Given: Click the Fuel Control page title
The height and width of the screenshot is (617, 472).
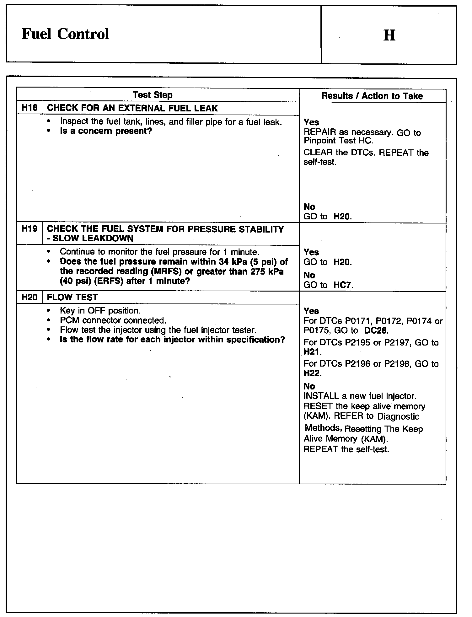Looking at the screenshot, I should tap(65, 34).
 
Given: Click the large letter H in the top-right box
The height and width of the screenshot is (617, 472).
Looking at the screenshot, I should tap(389, 35).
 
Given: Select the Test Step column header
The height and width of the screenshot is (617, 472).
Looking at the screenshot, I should tap(153, 95).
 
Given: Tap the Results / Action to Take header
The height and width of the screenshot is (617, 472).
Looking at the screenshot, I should tap(372, 96).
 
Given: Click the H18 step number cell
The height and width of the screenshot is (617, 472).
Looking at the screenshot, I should tap(29, 108).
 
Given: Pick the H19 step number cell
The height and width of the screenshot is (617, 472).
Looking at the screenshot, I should tap(29, 229).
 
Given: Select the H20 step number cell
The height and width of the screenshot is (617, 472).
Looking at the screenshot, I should tap(29, 297).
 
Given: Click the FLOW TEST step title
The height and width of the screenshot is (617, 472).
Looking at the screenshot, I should tap(72, 297).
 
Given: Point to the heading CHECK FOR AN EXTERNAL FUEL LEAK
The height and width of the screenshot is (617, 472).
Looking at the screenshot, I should tap(132, 108).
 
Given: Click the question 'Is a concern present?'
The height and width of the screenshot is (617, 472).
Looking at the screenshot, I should tap(106, 131).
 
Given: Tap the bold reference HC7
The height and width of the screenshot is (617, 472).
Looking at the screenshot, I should tap(342, 285).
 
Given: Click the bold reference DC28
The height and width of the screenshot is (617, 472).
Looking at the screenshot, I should tap(376, 330).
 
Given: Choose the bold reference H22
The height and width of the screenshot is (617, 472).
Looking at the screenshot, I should tap(311, 373).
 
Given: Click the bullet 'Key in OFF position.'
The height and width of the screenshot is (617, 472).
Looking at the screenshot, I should tap(100, 311).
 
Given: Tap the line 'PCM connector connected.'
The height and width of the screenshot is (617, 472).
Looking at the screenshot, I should tap(113, 320).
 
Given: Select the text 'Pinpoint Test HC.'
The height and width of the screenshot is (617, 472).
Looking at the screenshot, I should tap(339, 141).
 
